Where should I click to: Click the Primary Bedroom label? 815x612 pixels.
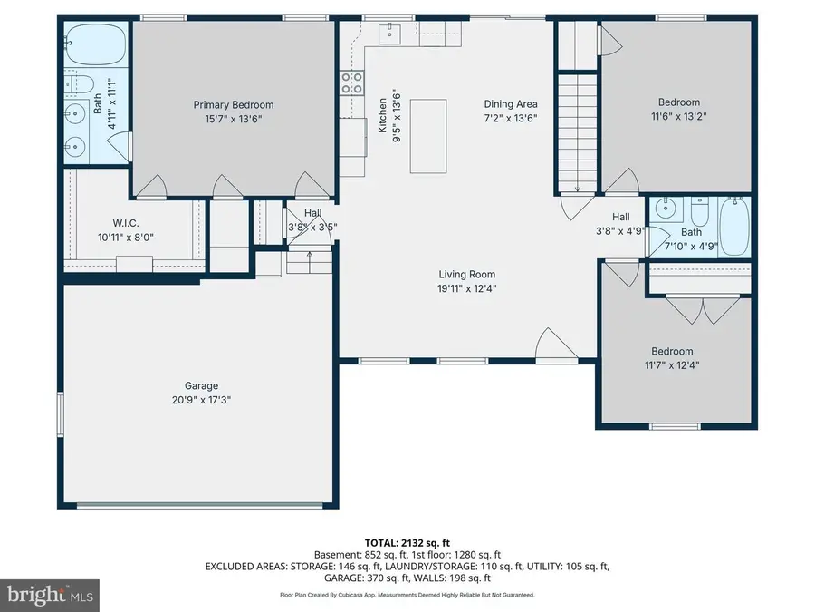click(x=233, y=105)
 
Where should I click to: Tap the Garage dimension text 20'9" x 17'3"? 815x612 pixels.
click(x=197, y=400)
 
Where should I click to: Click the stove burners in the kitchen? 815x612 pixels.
click(x=351, y=83)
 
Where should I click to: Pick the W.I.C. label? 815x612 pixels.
click(x=126, y=223)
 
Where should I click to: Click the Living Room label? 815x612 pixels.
click(x=467, y=275)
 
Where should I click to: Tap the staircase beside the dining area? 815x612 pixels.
click(x=577, y=131)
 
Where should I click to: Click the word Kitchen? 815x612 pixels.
click(x=383, y=115)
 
